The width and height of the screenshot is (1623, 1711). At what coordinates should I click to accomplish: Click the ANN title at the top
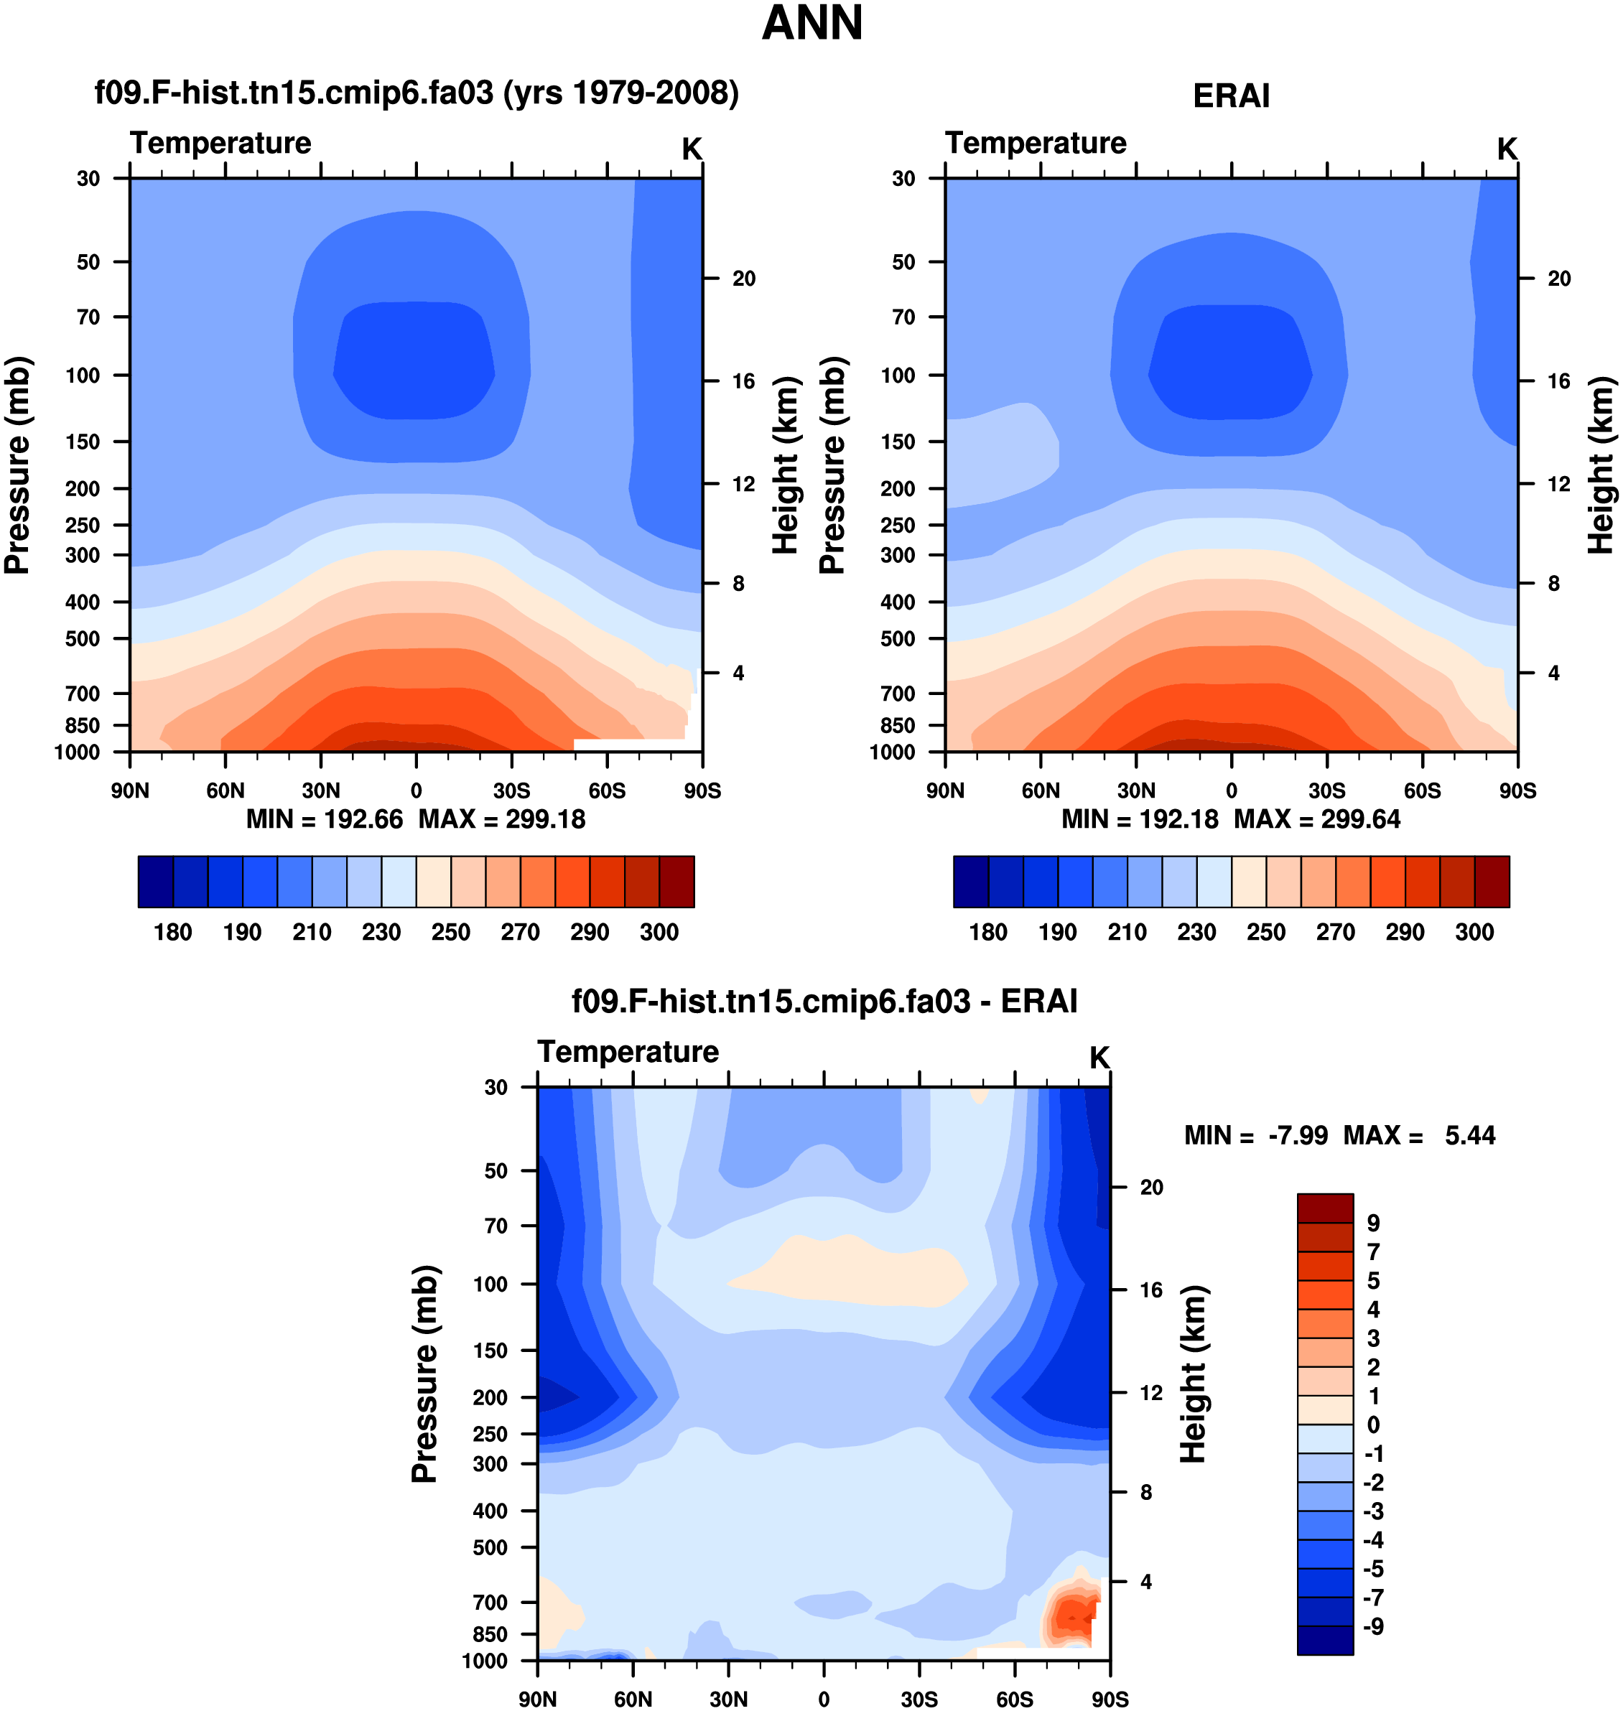[811, 24]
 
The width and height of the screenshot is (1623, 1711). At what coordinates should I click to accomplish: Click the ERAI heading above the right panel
[1230, 96]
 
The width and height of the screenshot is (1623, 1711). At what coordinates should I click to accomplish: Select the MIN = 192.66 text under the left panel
[325, 819]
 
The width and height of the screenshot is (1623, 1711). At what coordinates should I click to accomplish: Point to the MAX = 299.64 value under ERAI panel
[1317, 819]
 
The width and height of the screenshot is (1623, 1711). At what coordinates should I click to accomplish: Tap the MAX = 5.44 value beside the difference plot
[1419, 1135]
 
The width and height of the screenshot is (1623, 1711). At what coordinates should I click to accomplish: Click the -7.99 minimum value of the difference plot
[1298, 1135]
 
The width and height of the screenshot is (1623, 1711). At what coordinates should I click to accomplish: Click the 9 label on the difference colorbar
[1373, 1223]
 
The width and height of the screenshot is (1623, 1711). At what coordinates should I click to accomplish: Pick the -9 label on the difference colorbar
[1373, 1626]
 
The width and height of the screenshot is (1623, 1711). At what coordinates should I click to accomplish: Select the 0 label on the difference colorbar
[1373, 1425]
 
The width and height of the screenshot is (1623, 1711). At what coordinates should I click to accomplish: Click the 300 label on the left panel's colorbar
[659, 933]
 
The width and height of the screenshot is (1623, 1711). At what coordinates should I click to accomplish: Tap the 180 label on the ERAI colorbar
[988, 933]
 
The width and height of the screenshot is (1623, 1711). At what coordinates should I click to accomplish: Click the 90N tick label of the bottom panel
[537, 1699]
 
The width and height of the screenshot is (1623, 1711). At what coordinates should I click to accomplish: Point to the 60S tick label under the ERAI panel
[1423, 791]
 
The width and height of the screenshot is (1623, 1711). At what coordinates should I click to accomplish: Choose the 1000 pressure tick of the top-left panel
[77, 752]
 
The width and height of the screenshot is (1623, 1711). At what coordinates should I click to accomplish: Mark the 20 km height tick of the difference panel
[1151, 1187]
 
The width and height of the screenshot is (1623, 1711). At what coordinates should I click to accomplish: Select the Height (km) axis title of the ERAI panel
[1601, 465]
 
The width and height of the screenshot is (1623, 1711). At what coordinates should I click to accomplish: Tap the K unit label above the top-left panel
[692, 149]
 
